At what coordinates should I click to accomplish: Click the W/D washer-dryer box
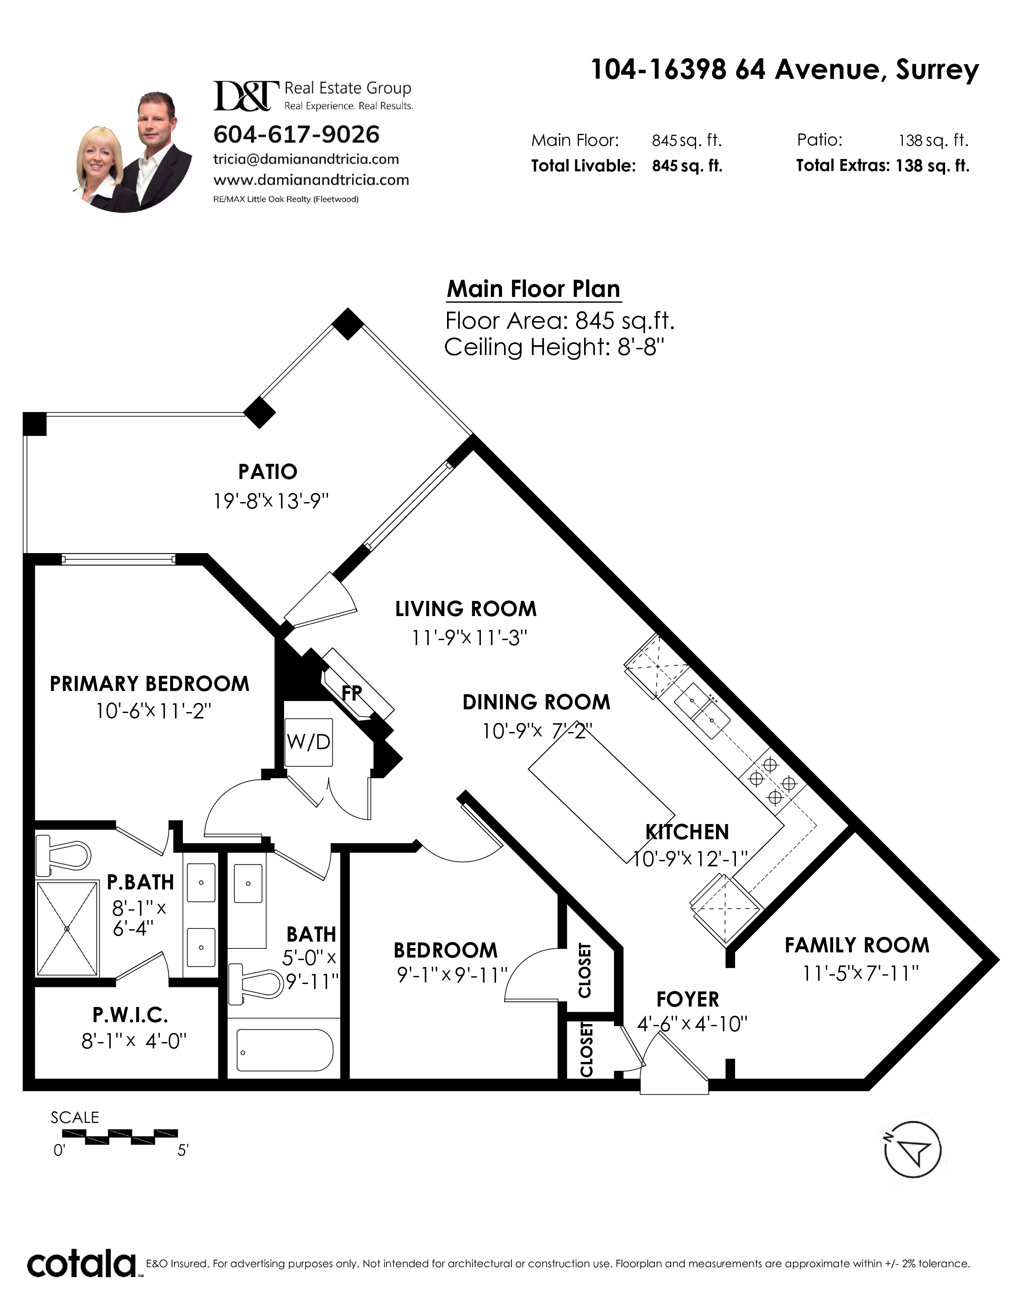click(x=309, y=742)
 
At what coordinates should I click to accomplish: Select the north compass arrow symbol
click(x=912, y=1151)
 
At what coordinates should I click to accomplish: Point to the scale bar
click(x=120, y=1137)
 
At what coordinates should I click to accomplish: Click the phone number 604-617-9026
click(x=297, y=134)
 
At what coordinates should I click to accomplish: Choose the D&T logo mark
click(x=246, y=96)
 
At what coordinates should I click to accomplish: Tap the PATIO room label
click(x=268, y=471)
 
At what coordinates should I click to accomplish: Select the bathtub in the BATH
click(x=285, y=1050)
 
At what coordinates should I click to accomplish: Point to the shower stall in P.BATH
click(x=67, y=928)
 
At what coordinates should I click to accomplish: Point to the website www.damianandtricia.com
click(x=311, y=180)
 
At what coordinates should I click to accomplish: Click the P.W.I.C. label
click(x=131, y=1015)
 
